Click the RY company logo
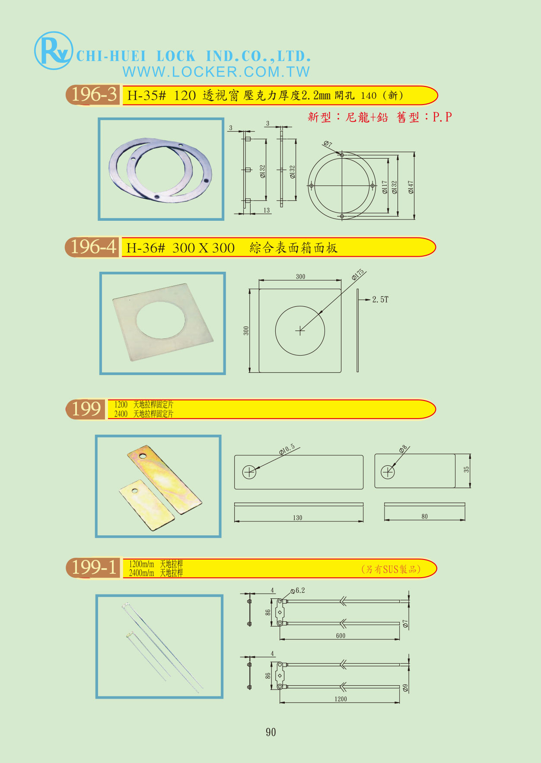pos(53,51)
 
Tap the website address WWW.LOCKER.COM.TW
pos(216,72)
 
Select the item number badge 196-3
pos(93,95)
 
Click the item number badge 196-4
pos(92,247)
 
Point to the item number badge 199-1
pos(93,567)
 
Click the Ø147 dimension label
pos(411,187)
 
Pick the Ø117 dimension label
pos(385,187)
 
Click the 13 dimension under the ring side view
pos(267,210)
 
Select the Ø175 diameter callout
pos(358,275)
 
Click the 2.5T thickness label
pos(380,299)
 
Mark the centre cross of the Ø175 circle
pos(300,331)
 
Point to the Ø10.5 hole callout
pos(287,449)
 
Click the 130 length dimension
pos(298,518)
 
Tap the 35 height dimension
pos(466,469)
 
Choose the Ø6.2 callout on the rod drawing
pos(298,591)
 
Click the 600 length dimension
pos(341,636)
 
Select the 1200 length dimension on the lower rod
pos(341,699)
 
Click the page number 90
pos(271,732)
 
